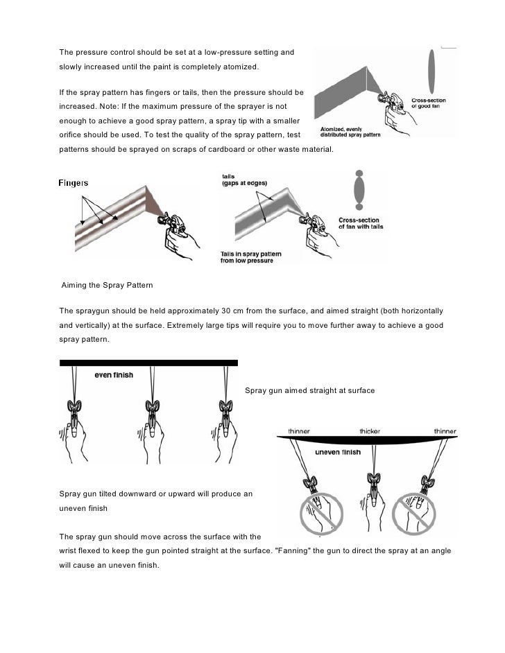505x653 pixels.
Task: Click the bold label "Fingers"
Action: point(74,183)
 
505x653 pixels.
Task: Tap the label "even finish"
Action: point(114,375)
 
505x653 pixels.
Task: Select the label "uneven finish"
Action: point(338,453)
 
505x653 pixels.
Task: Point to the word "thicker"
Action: point(369,430)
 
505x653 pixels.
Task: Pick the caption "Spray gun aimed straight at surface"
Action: point(310,391)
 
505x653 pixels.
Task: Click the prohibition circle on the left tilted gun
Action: point(321,516)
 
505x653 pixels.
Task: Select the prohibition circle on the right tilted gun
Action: point(413,516)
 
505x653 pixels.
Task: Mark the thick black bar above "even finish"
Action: point(148,363)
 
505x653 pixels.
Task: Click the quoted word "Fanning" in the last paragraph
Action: point(297,550)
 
